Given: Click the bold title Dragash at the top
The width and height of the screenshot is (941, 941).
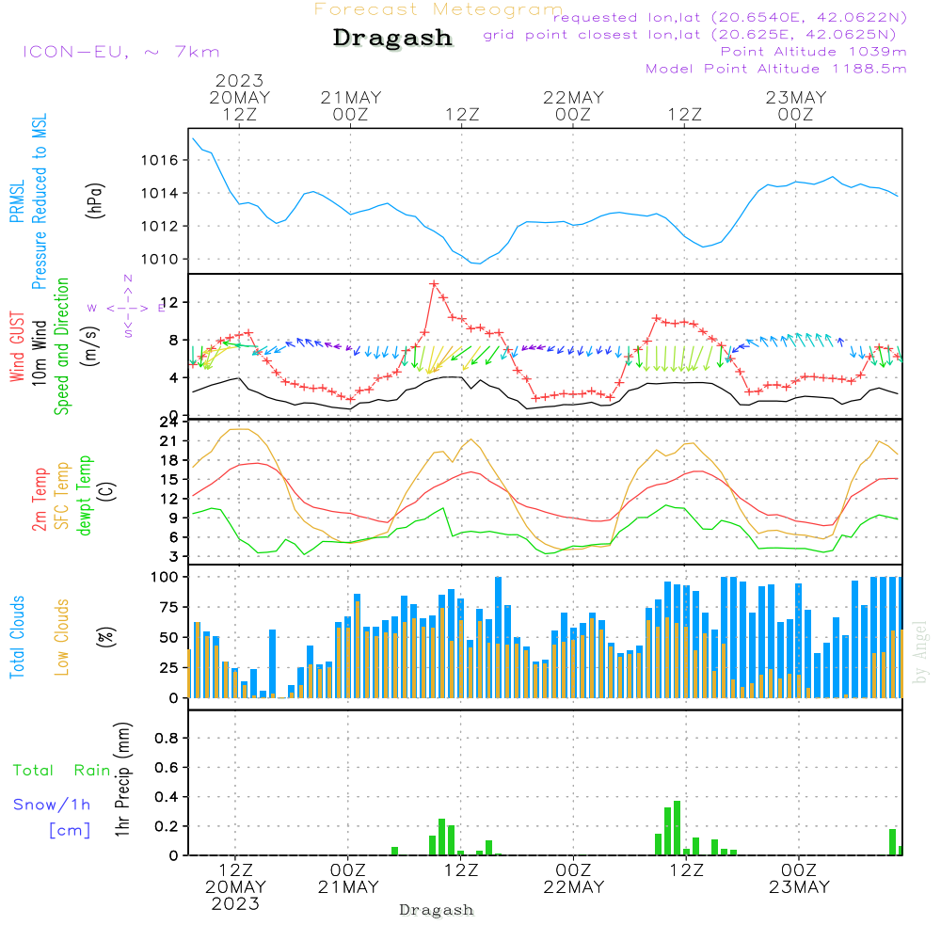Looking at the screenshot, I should pyautogui.click(x=392, y=39).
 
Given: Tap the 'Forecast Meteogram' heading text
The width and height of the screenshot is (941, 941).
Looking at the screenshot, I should pyautogui.click(x=439, y=9).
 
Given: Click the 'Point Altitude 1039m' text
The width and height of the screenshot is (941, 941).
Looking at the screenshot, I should pyautogui.click(x=813, y=52).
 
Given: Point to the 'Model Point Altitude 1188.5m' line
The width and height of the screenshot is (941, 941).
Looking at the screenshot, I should pyautogui.click(x=775, y=69).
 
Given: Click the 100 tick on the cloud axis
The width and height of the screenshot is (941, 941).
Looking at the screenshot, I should pyautogui.click(x=166, y=576).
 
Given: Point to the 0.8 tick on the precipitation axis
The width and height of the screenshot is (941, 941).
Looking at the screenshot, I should pyautogui.click(x=167, y=739).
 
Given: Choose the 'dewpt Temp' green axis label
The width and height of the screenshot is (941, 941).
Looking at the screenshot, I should pyautogui.click(x=85, y=496).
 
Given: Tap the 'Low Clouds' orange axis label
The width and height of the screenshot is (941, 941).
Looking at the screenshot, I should pyautogui.click(x=62, y=637).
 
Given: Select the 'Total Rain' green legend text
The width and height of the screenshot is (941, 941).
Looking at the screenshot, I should pyautogui.click(x=62, y=771).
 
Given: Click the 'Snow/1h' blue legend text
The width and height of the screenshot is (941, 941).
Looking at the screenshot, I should pyautogui.click(x=53, y=805).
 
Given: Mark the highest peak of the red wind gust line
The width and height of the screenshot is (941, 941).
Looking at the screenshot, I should pyautogui.click(x=434, y=283).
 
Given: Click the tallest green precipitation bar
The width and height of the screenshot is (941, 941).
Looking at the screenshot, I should pyautogui.click(x=677, y=828).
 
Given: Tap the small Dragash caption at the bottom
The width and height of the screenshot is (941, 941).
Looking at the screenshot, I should pyautogui.click(x=436, y=910).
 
